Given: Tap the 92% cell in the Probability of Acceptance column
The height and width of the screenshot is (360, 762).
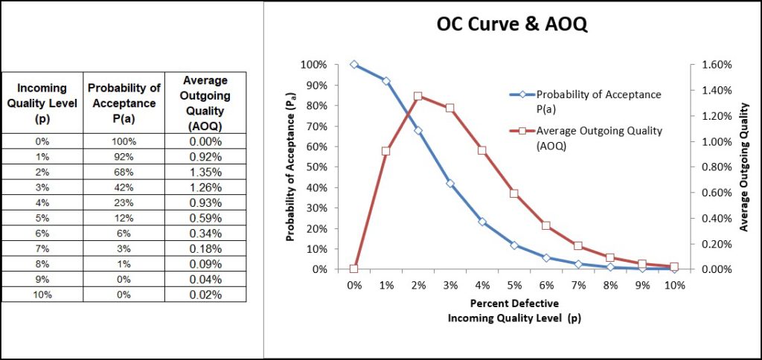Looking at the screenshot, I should click(122, 156).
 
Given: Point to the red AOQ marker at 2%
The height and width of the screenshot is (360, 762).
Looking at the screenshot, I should click(417, 96).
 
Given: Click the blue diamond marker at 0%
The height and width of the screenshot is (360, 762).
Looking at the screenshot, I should click(353, 65).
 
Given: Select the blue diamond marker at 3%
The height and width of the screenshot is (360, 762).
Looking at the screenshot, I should click(449, 183).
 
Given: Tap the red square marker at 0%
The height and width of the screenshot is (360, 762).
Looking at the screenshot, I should click(353, 269).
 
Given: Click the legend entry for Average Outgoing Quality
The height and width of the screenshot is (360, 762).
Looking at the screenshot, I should click(589, 138).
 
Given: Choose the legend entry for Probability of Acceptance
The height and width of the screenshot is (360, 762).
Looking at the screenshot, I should click(589, 102).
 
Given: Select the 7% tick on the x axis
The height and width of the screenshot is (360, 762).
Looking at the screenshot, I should click(577, 285).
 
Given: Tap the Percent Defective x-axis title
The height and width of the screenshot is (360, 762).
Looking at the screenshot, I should click(514, 304).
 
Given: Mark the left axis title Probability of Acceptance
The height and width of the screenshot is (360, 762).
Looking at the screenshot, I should click(292, 167).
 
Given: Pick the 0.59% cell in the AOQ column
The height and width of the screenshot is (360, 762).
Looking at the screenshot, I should click(204, 218).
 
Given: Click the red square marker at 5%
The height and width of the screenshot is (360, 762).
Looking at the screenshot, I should click(513, 193).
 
